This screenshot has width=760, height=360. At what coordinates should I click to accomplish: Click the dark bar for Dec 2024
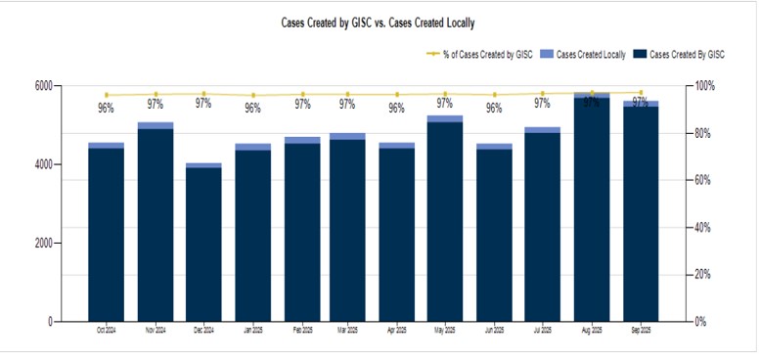click(203, 245)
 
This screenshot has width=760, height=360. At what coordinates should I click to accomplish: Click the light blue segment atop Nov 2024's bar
click(155, 125)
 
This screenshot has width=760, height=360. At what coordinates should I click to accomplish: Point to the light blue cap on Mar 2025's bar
click(347, 136)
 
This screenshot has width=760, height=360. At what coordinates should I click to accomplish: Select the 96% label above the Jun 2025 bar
click(494, 109)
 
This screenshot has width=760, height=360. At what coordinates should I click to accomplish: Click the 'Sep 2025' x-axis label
click(640, 331)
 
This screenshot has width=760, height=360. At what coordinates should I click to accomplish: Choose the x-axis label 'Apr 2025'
click(396, 331)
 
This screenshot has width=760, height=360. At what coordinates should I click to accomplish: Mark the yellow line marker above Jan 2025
click(252, 96)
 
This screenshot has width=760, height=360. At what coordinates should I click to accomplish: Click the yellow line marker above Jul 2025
click(543, 94)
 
